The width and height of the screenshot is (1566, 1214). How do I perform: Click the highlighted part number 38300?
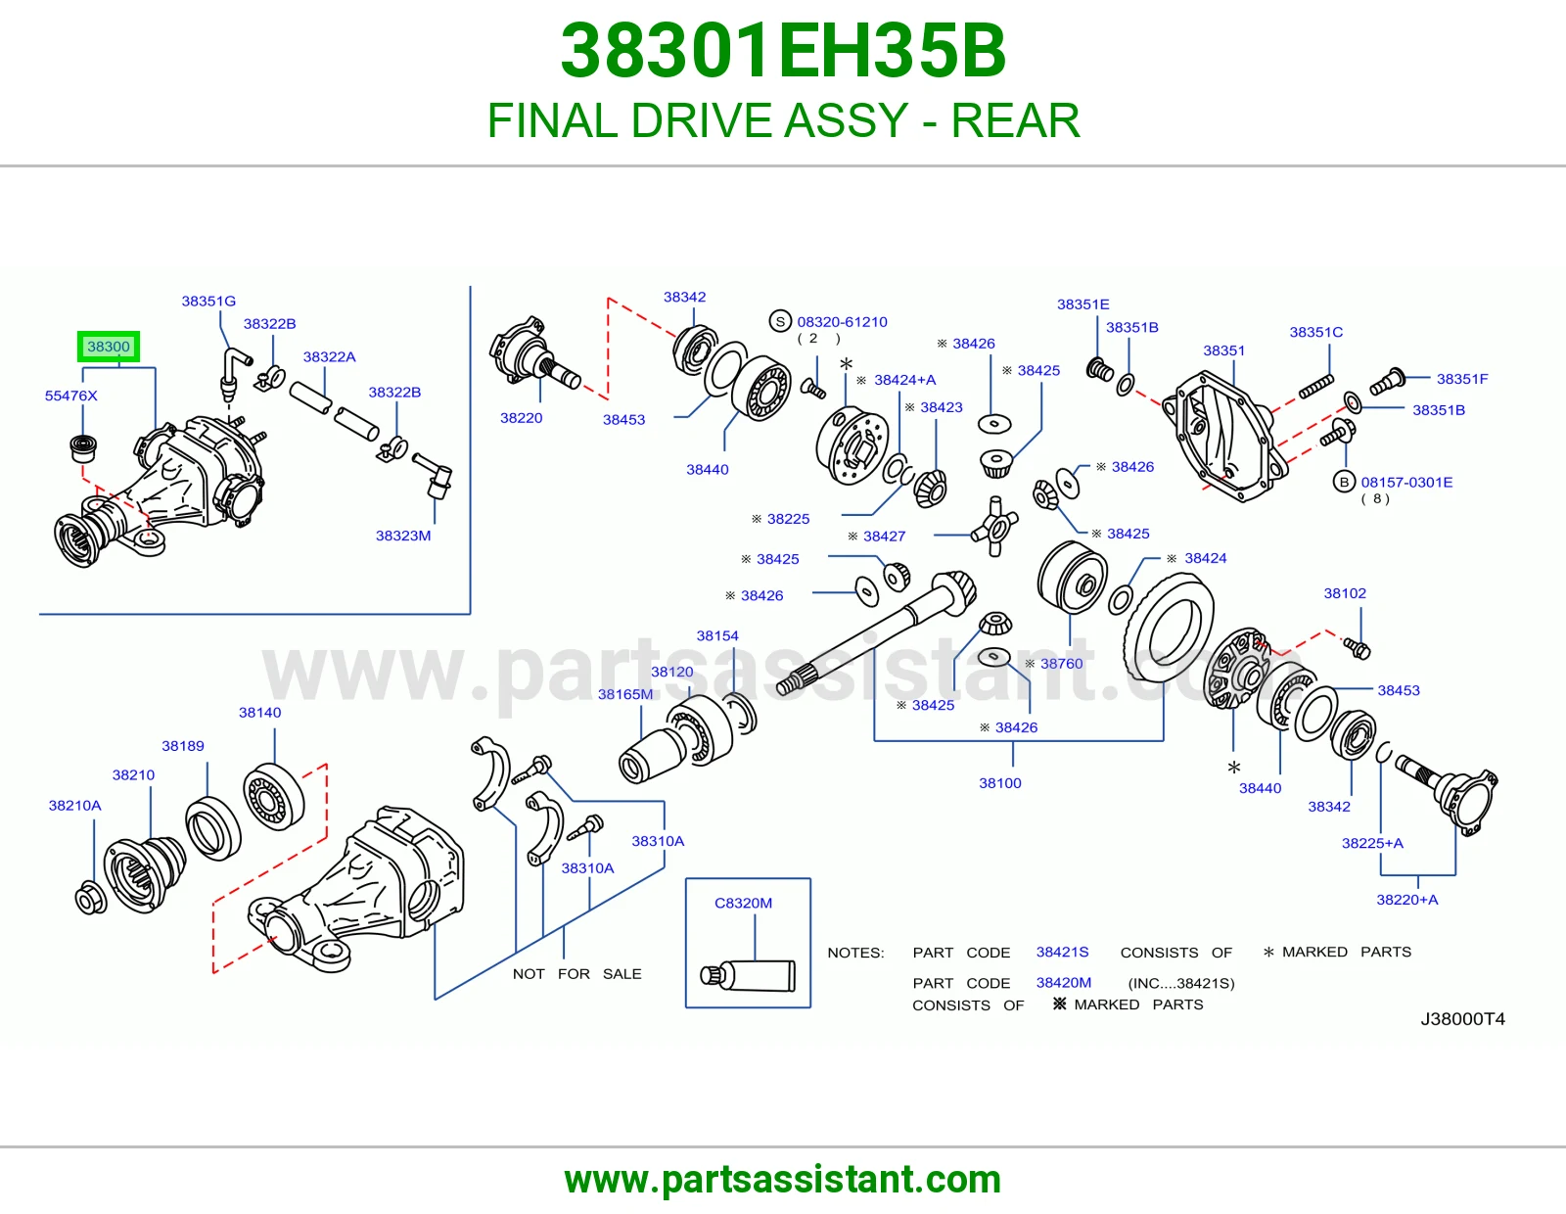108,347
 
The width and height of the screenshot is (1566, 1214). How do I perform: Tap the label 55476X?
70,396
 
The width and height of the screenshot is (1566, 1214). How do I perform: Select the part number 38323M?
403,536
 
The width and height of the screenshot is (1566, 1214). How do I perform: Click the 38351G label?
208,302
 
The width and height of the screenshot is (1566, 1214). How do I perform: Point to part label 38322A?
329,356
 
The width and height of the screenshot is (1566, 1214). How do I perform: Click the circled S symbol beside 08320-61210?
780,321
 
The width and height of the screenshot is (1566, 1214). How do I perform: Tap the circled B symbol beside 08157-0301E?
1344,482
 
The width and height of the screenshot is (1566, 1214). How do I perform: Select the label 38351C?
1316,332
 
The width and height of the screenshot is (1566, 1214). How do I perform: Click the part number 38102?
1345,593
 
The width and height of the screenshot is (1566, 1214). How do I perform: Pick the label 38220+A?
1406,900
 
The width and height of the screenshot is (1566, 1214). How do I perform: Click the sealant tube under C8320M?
748,975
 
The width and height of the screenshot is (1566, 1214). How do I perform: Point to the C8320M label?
743,904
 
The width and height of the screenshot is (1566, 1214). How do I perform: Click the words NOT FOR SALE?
576,974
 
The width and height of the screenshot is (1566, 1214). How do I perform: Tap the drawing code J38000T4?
1463,1019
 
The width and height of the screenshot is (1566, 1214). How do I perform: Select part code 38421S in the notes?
1062,953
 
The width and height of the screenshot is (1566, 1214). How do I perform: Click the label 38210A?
75,806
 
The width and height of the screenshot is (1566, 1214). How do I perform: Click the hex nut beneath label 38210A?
91,898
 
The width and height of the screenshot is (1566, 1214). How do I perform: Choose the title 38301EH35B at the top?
783,51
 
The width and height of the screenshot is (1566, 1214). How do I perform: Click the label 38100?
999,783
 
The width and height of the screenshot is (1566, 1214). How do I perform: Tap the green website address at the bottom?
783,1180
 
